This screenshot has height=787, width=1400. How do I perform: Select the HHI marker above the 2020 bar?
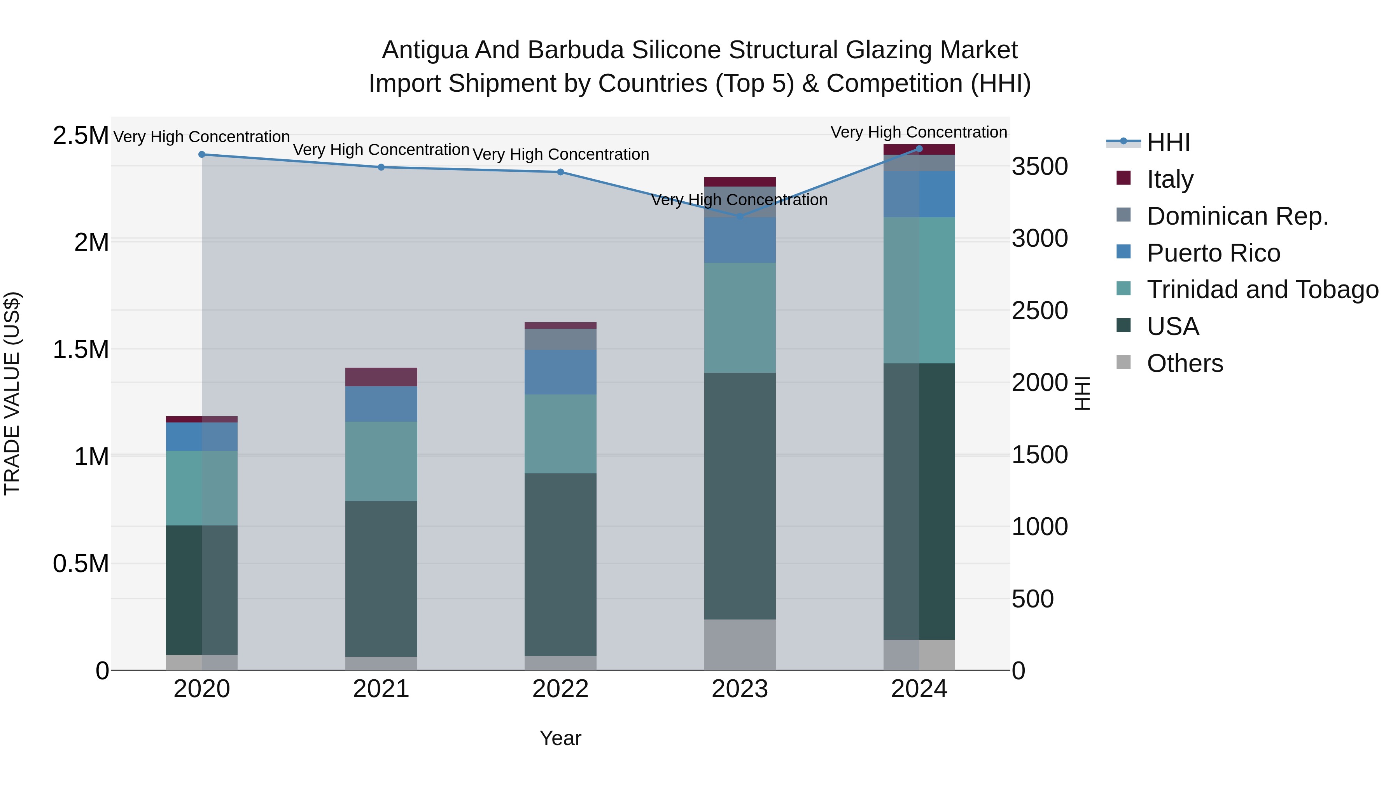coord(201,154)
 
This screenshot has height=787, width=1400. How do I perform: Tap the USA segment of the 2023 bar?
coord(740,496)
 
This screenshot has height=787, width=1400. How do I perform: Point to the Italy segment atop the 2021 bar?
coord(381,377)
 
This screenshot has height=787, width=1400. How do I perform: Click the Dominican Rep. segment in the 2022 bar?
coord(560,339)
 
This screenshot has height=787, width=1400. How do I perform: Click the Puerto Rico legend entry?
coord(1213,253)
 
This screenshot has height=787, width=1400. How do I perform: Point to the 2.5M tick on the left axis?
coord(80,135)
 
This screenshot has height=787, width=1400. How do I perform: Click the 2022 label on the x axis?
coord(560,689)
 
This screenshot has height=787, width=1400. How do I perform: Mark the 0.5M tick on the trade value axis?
coord(80,564)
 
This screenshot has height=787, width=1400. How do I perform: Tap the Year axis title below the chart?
coord(560,738)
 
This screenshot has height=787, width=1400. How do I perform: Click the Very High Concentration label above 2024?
coord(919,132)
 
